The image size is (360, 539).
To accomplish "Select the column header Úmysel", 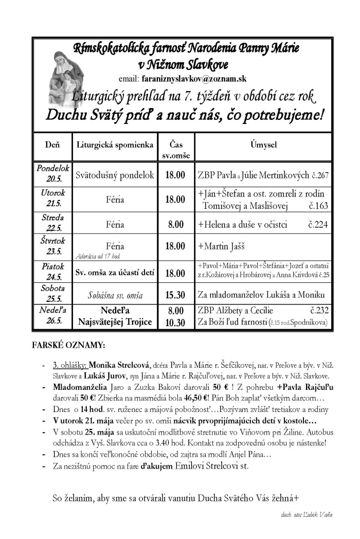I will [x=264, y=145].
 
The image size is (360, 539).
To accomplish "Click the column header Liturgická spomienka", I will [x=115, y=145].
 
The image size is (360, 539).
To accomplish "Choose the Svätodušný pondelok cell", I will [x=115, y=175].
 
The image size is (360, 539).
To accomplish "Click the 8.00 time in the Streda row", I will [x=174, y=224].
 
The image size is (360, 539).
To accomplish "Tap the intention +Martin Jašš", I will [x=218, y=246].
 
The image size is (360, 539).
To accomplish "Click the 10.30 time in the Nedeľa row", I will [x=174, y=322].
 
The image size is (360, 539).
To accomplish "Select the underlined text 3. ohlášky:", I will [x=70, y=365].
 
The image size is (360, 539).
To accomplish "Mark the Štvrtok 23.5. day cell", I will [x=51, y=245].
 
